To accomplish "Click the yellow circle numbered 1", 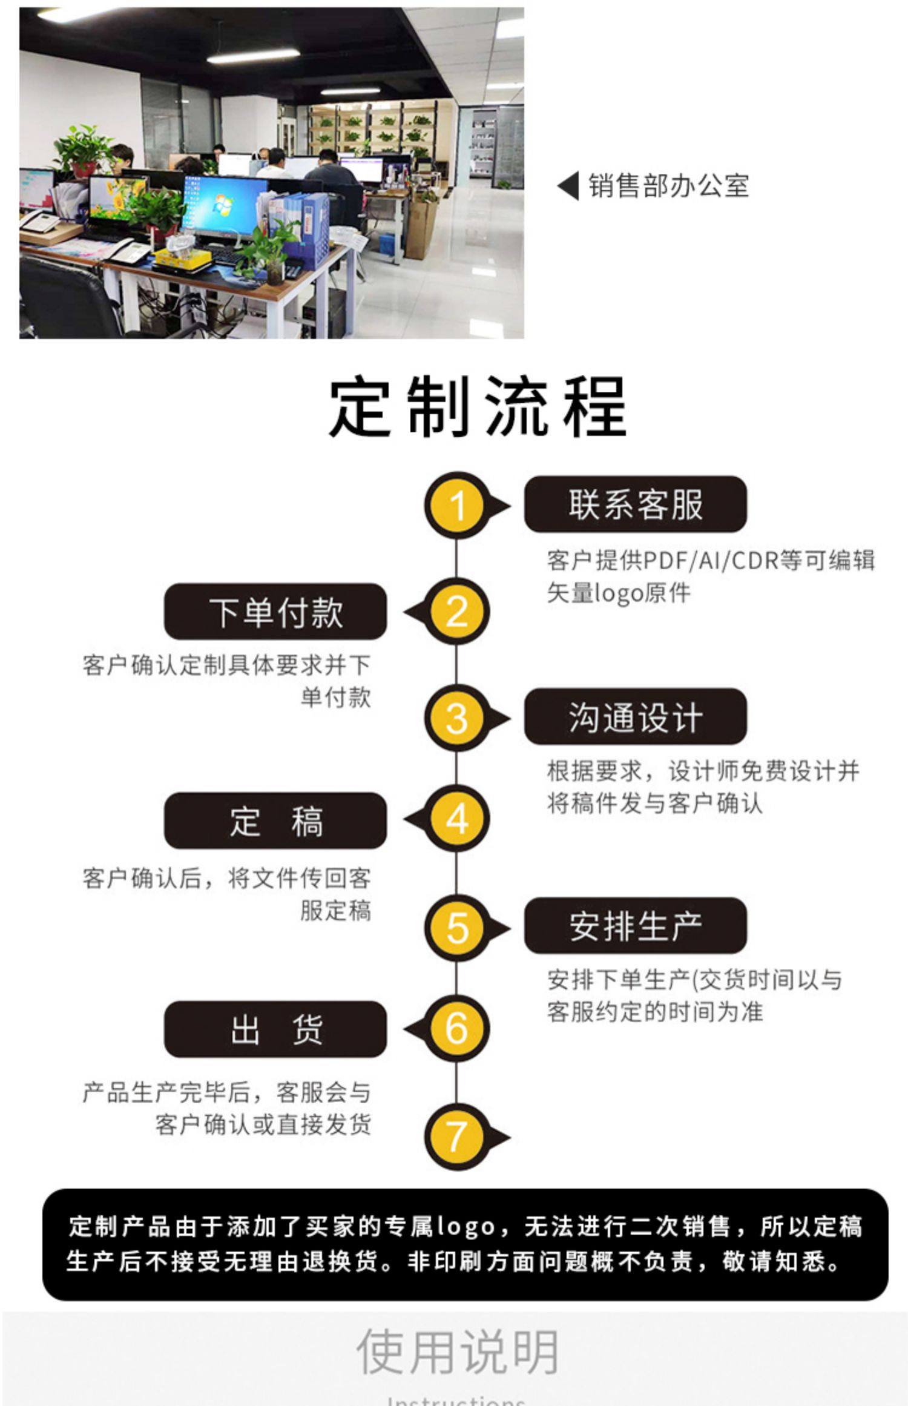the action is click(457, 505).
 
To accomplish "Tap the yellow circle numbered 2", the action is click(457, 612).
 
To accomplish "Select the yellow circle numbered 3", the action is click(457, 718).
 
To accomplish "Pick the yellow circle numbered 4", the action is click(457, 820).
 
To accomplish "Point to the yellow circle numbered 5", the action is click(457, 928).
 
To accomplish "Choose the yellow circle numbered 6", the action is click(457, 1028).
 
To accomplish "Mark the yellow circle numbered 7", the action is click(457, 1136).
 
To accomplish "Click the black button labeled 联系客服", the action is click(635, 504).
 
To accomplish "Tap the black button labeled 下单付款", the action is click(275, 612).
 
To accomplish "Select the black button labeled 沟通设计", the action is click(635, 717).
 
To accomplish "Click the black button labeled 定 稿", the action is click(275, 821).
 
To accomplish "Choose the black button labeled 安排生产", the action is click(635, 926).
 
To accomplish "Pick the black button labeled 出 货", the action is click(275, 1029).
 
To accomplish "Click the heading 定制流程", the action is click(478, 407).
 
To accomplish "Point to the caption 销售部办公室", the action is click(669, 186).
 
